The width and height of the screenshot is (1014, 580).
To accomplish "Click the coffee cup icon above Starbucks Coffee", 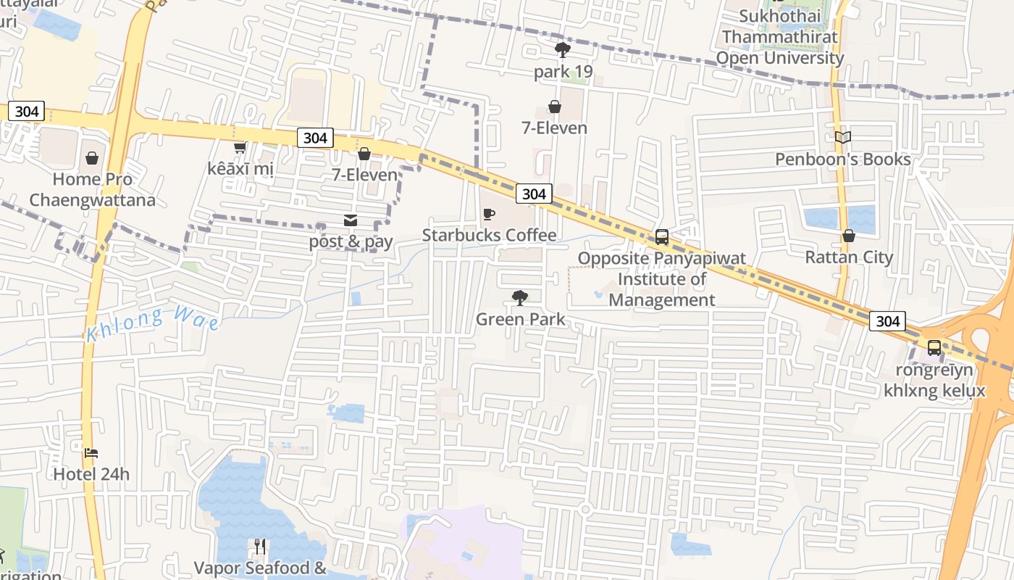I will click(489, 215).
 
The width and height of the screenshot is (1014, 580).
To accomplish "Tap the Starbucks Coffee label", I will click(489, 235).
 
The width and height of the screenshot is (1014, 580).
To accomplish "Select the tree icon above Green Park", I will click(519, 298).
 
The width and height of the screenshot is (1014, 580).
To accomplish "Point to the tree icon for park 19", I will click(562, 50).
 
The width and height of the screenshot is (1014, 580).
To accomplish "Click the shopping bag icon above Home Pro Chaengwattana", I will click(92, 158).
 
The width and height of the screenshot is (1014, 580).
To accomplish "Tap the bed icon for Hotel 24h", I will click(91, 453).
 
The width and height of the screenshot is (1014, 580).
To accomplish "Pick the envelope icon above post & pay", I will click(351, 220).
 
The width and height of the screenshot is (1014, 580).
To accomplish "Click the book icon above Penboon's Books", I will click(842, 137).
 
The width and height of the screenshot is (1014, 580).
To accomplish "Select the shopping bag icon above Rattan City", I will click(849, 236).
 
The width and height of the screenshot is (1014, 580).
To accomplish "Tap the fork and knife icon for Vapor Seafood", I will click(260, 546).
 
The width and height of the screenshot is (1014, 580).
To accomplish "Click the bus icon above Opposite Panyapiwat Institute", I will click(661, 237).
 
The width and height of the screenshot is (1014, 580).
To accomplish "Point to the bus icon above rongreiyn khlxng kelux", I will click(934, 348).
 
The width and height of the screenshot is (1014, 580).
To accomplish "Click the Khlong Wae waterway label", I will click(152, 323).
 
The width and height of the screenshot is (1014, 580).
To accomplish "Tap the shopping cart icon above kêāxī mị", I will click(240, 147).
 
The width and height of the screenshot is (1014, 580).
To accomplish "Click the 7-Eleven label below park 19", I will click(554, 128).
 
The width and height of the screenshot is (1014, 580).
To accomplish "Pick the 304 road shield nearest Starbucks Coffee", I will click(535, 194).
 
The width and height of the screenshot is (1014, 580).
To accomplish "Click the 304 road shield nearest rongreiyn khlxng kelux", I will click(887, 320).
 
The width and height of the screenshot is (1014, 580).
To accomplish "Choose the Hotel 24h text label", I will click(91, 474).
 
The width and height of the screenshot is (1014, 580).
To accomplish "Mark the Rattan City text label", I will click(849, 257).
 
